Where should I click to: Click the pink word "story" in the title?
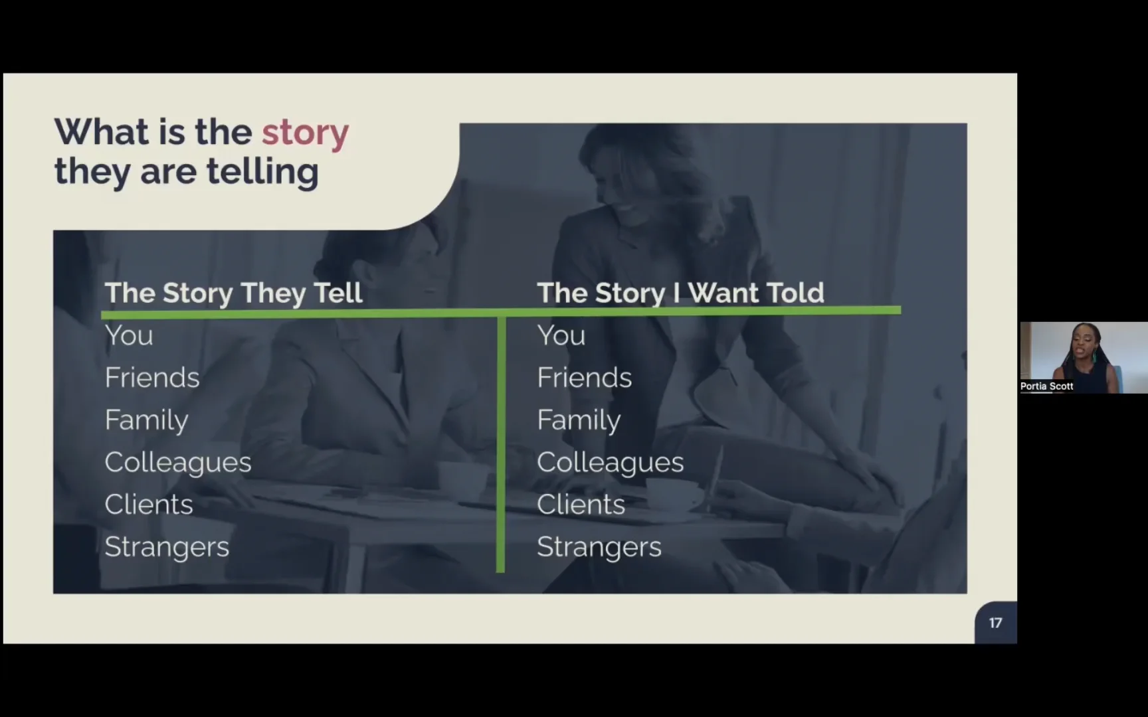[x=305, y=133]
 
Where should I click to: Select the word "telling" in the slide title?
[x=262, y=171]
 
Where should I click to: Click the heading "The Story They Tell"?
[x=233, y=293]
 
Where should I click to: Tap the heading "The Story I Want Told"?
[x=680, y=293]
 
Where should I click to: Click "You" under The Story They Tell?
[x=129, y=335]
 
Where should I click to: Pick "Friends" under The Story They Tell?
[x=152, y=378]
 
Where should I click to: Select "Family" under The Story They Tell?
[x=147, y=420]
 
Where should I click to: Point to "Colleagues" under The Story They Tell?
[x=178, y=462]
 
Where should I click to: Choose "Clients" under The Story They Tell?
[x=149, y=505]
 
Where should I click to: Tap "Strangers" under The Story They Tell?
[x=167, y=547]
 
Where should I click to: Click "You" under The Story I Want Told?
[x=561, y=335]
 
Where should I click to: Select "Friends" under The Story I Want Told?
[x=585, y=378]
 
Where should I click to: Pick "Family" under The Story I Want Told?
[x=579, y=420]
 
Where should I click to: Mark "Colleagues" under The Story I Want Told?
[x=611, y=462]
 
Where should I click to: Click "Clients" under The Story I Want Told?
[x=581, y=505]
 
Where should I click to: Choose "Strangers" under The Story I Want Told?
[x=599, y=547]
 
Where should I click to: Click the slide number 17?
[x=995, y=623]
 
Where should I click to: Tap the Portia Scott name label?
[x=1047, y=386]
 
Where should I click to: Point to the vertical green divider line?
[x=501, y=445]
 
